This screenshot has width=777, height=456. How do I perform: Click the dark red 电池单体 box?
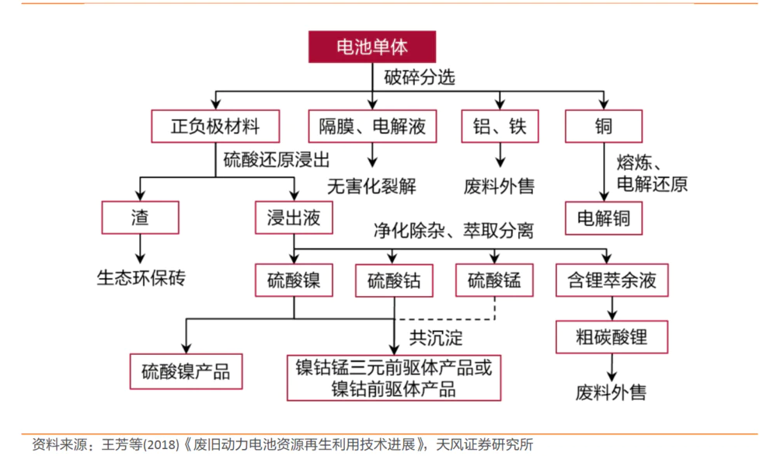pos(371,47)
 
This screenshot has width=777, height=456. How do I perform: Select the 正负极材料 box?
pos(215,126)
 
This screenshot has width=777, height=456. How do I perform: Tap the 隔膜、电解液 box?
pos(372,126)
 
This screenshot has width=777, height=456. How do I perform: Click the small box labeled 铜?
pos(604,126)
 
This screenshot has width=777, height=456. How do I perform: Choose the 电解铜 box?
pos(604,218)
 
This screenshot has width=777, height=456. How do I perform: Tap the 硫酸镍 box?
pos(294,280)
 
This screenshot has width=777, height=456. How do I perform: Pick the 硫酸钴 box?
pos(394,280)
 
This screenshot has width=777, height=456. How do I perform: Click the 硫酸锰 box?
pos(494,280)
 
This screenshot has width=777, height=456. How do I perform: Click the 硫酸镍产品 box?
pos(186,371)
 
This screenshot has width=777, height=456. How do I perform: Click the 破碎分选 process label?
pos(420,78)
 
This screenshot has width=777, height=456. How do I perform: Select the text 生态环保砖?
pos(141,277)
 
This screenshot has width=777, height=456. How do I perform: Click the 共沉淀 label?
pos(436,338)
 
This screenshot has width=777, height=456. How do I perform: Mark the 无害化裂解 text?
pos(371,186)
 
